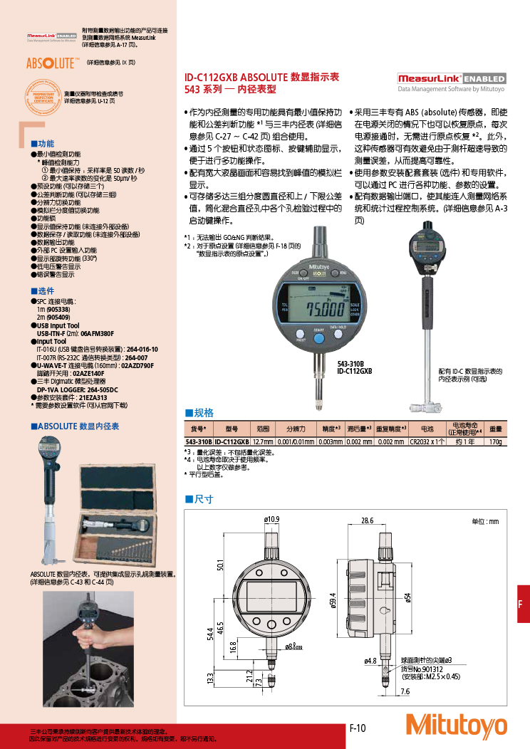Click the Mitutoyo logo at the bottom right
click(x=456, y=726)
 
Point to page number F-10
click(x=357, y=728)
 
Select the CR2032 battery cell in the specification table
click(x=427, y=441)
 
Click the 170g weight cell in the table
click(x=495, y=441)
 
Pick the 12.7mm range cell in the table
click(x=262, y=441)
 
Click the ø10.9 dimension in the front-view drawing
click(x=272, y=519)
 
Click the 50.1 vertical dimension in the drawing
click(x=220, y=565)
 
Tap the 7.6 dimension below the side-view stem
click(x=405, y=691)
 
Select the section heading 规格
click(x=203, y=412)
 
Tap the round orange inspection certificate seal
click(x=43, y=98)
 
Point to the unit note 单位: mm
click(x=485, y=521)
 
